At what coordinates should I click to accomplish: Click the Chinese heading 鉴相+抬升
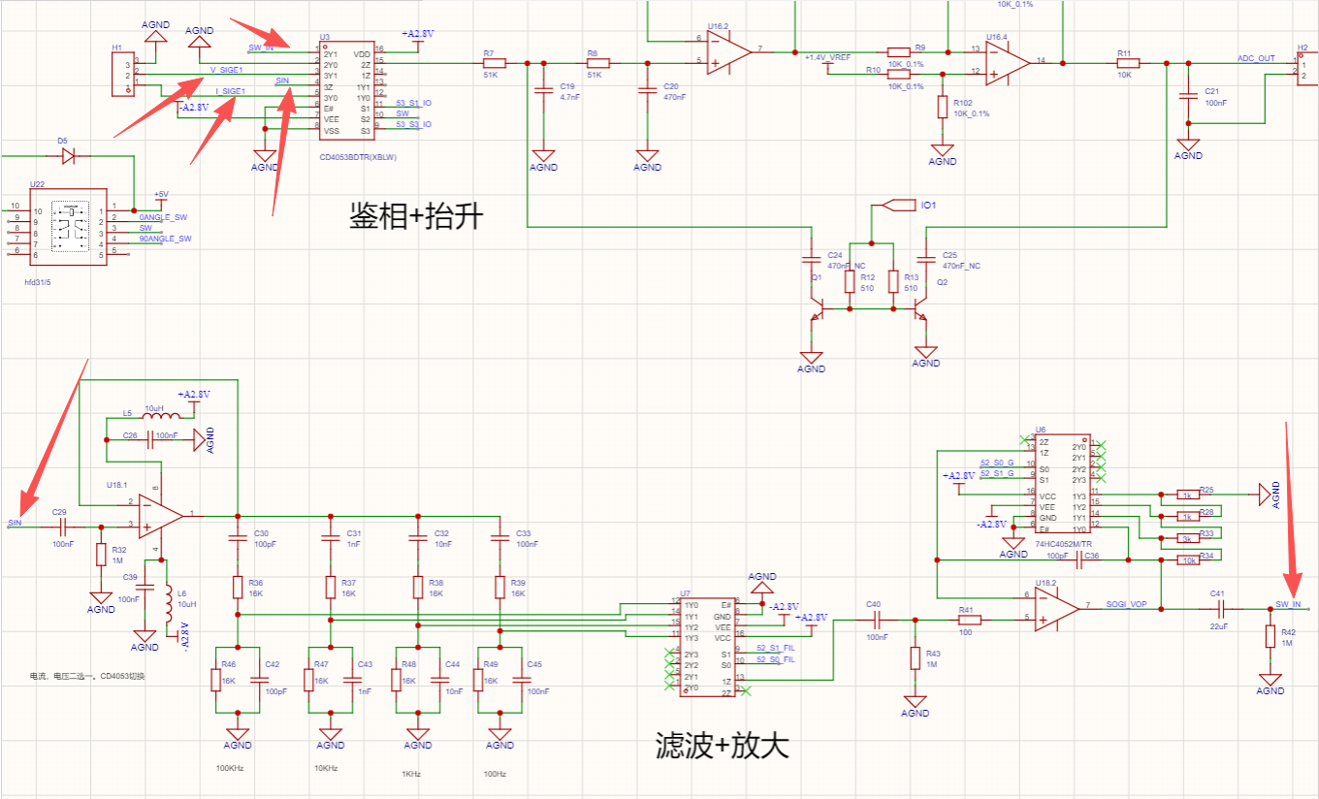click(x=416, y=215)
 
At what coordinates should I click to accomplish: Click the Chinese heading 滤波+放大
click(x=723, y=745)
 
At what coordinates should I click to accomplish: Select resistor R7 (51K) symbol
click(x=494, y=63)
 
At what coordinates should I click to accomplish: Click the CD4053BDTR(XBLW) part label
click(x=358, y=157)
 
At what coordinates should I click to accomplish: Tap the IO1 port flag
click(x=902, y=205)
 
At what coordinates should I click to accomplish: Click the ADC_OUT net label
click(x=1256, y=58)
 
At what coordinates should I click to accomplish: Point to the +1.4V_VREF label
click(x=826, y=58)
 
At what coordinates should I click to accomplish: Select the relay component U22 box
click(x=68, y=227)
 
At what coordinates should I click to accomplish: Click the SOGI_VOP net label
click(x=1127, y=603)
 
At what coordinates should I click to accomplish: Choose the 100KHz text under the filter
click(x=230, y=768)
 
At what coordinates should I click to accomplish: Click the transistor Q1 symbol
click(x=818, y=310)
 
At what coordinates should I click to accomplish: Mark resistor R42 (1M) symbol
click(x=1271, y=636)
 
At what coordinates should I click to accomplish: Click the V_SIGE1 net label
click(x=226, y=70)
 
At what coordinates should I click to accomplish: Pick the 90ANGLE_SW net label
click(x=165, y=239)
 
